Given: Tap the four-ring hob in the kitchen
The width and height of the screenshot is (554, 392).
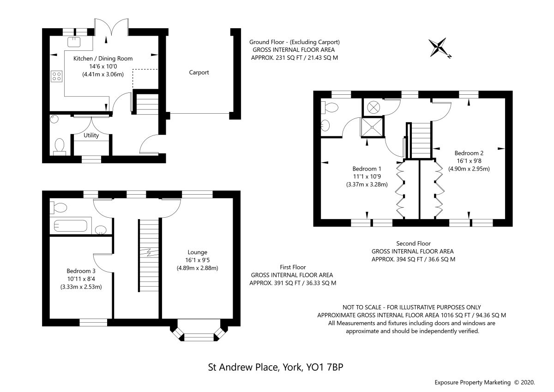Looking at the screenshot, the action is [x=57, y=76].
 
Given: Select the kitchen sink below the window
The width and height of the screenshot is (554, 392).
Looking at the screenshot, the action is [x=74, y=42].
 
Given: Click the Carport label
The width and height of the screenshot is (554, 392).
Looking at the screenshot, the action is [x=199, y=72].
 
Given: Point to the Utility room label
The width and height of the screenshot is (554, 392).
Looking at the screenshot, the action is [x=91, y=135].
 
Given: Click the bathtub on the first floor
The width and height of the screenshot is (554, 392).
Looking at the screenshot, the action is [x=71, y=226].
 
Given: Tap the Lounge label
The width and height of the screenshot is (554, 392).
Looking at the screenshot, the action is [x=198, y=252].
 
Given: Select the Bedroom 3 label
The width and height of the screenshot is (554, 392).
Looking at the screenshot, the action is [x=81, y=271].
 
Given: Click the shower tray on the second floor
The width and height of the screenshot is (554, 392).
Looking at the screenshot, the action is [x=372, y=127].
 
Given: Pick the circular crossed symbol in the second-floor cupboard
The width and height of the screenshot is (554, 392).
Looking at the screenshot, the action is [x=373, y=108].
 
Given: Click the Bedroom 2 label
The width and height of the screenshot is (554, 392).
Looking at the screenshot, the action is [x=469, y=153].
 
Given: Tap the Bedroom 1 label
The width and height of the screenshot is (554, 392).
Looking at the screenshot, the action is [x=367, y=169].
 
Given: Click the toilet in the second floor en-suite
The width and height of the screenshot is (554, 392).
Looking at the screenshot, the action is [x=330, y=108].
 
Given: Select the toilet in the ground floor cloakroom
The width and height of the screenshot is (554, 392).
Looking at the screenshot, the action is [x=60, y=147].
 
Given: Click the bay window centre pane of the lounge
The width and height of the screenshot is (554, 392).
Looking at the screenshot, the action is [x=199, y=337].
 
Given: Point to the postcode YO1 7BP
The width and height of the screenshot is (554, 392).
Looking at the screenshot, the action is [x=325, y=367].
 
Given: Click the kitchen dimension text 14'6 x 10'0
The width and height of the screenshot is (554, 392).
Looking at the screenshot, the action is [x=103, y=67].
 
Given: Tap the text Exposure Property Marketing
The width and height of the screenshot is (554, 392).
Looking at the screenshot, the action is [x=472, y=383].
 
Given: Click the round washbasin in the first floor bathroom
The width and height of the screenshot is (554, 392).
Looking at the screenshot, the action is [x=101, y=230].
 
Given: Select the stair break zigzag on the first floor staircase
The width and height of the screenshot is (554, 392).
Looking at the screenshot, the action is [x=149, y=252].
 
